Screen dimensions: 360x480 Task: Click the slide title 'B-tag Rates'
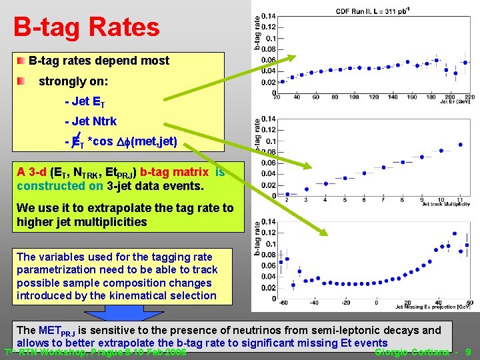tap(87, 27)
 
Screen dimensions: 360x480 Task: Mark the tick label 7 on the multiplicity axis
tap(383, 199)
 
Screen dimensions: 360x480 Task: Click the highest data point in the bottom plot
tap(454, 233)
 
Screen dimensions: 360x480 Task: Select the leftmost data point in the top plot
tap(283, 81)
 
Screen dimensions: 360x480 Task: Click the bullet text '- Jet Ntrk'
tap(91, 121)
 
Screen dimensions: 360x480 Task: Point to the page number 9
tap(469, 351)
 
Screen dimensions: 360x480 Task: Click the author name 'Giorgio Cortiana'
tap(414, 351)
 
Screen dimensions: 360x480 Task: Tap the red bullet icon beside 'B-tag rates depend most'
tap(23, 61)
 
